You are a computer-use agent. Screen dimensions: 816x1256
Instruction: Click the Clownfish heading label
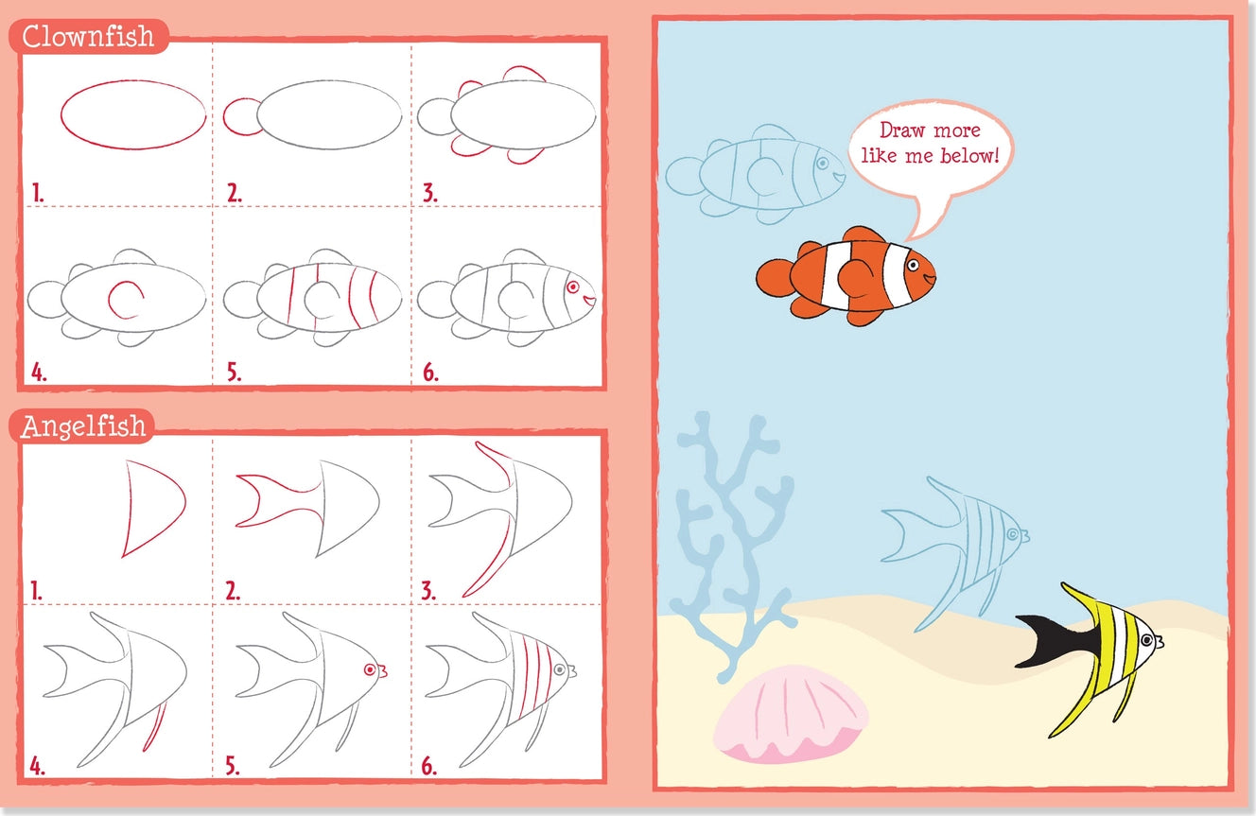(87, 37)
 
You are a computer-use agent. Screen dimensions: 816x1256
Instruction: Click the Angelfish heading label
(84, 426)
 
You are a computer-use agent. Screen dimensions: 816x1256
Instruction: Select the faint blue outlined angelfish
(955, 544)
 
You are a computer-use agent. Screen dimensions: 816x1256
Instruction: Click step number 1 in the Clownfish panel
(38, 194)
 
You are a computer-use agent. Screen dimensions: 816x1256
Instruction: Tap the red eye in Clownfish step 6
(572, 286)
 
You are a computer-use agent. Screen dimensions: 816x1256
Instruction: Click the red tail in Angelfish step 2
(274, 501)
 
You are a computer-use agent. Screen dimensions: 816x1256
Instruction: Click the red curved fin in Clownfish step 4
(124, 300)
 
